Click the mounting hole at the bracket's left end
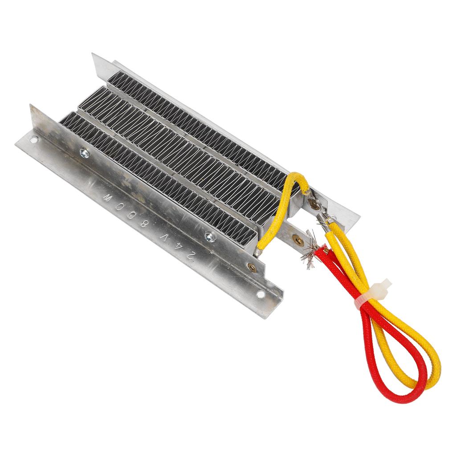click(x=33, y=140)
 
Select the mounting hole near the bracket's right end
click(x=261, y=294)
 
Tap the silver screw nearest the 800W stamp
click(x=84, y=153)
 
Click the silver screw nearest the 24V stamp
click(x=210, y=236)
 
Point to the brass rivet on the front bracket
click(x=252, y=267)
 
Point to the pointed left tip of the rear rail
click(x=94, y=56)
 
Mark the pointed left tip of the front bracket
click(x=31, y=107)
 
